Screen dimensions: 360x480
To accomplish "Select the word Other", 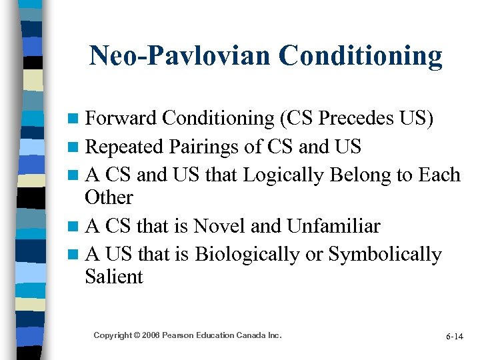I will click(x=109, y=197).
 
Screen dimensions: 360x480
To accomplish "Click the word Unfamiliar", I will click(x=333, y=226).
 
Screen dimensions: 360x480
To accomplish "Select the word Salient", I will click(x=114, y=277).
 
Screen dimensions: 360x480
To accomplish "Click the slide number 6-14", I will click(x=455, y=337).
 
